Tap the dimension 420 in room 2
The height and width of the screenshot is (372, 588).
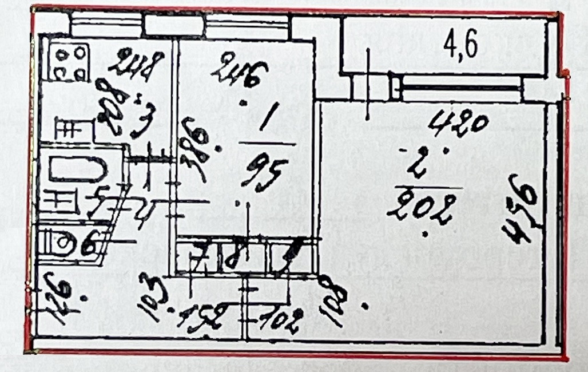coord(460,123)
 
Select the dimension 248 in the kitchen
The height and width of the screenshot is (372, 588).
coord(140,65)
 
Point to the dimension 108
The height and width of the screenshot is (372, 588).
coord(334,300)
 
